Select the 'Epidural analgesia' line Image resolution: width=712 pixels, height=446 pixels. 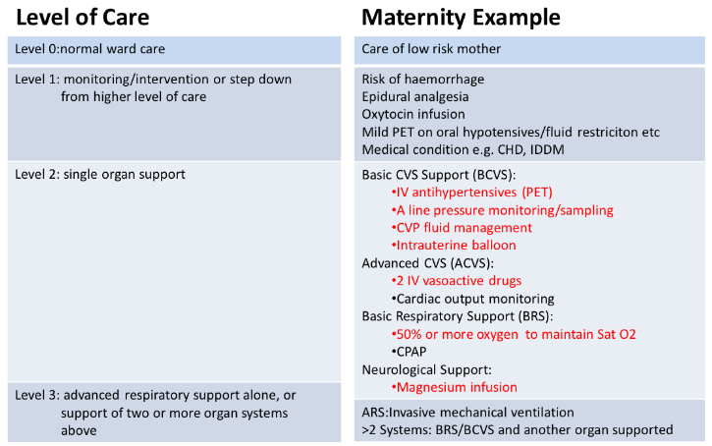click(417, 96)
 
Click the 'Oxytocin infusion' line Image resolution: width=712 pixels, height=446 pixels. click(414, 114)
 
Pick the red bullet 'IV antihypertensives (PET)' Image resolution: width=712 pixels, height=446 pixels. click(473, 192)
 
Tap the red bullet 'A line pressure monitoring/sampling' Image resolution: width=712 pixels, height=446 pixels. click(502, 209)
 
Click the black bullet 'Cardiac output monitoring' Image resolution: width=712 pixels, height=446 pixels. click(472, 298)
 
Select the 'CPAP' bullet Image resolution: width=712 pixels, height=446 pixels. click(412, 351)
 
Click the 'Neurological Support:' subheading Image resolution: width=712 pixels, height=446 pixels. click(425, 369)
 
